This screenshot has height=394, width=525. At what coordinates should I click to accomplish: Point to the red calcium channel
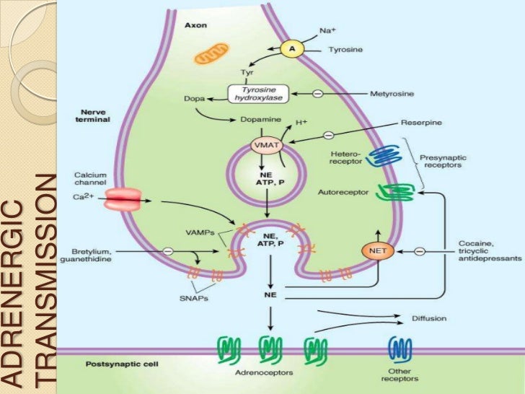coord(123,200)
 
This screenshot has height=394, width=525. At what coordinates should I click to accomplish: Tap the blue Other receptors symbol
coord(398,349)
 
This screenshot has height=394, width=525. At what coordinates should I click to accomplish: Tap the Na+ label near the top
coord(327,31)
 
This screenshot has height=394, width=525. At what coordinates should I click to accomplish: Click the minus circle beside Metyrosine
coord(316,94)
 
